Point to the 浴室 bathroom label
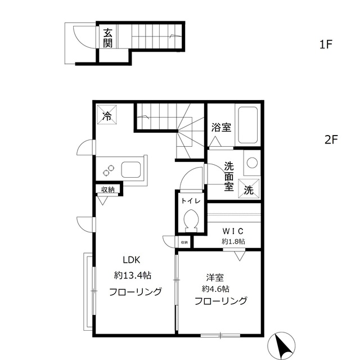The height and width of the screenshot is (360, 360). (220, 128)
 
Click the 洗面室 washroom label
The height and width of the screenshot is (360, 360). (229, 177)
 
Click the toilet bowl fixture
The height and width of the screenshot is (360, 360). (190, 219)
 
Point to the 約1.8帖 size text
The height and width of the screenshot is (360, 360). (233, 241)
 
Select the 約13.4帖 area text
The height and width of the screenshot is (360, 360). (133, 276)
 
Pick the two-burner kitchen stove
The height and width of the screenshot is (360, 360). (107, 168)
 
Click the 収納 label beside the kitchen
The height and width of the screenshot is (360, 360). (109, 190)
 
